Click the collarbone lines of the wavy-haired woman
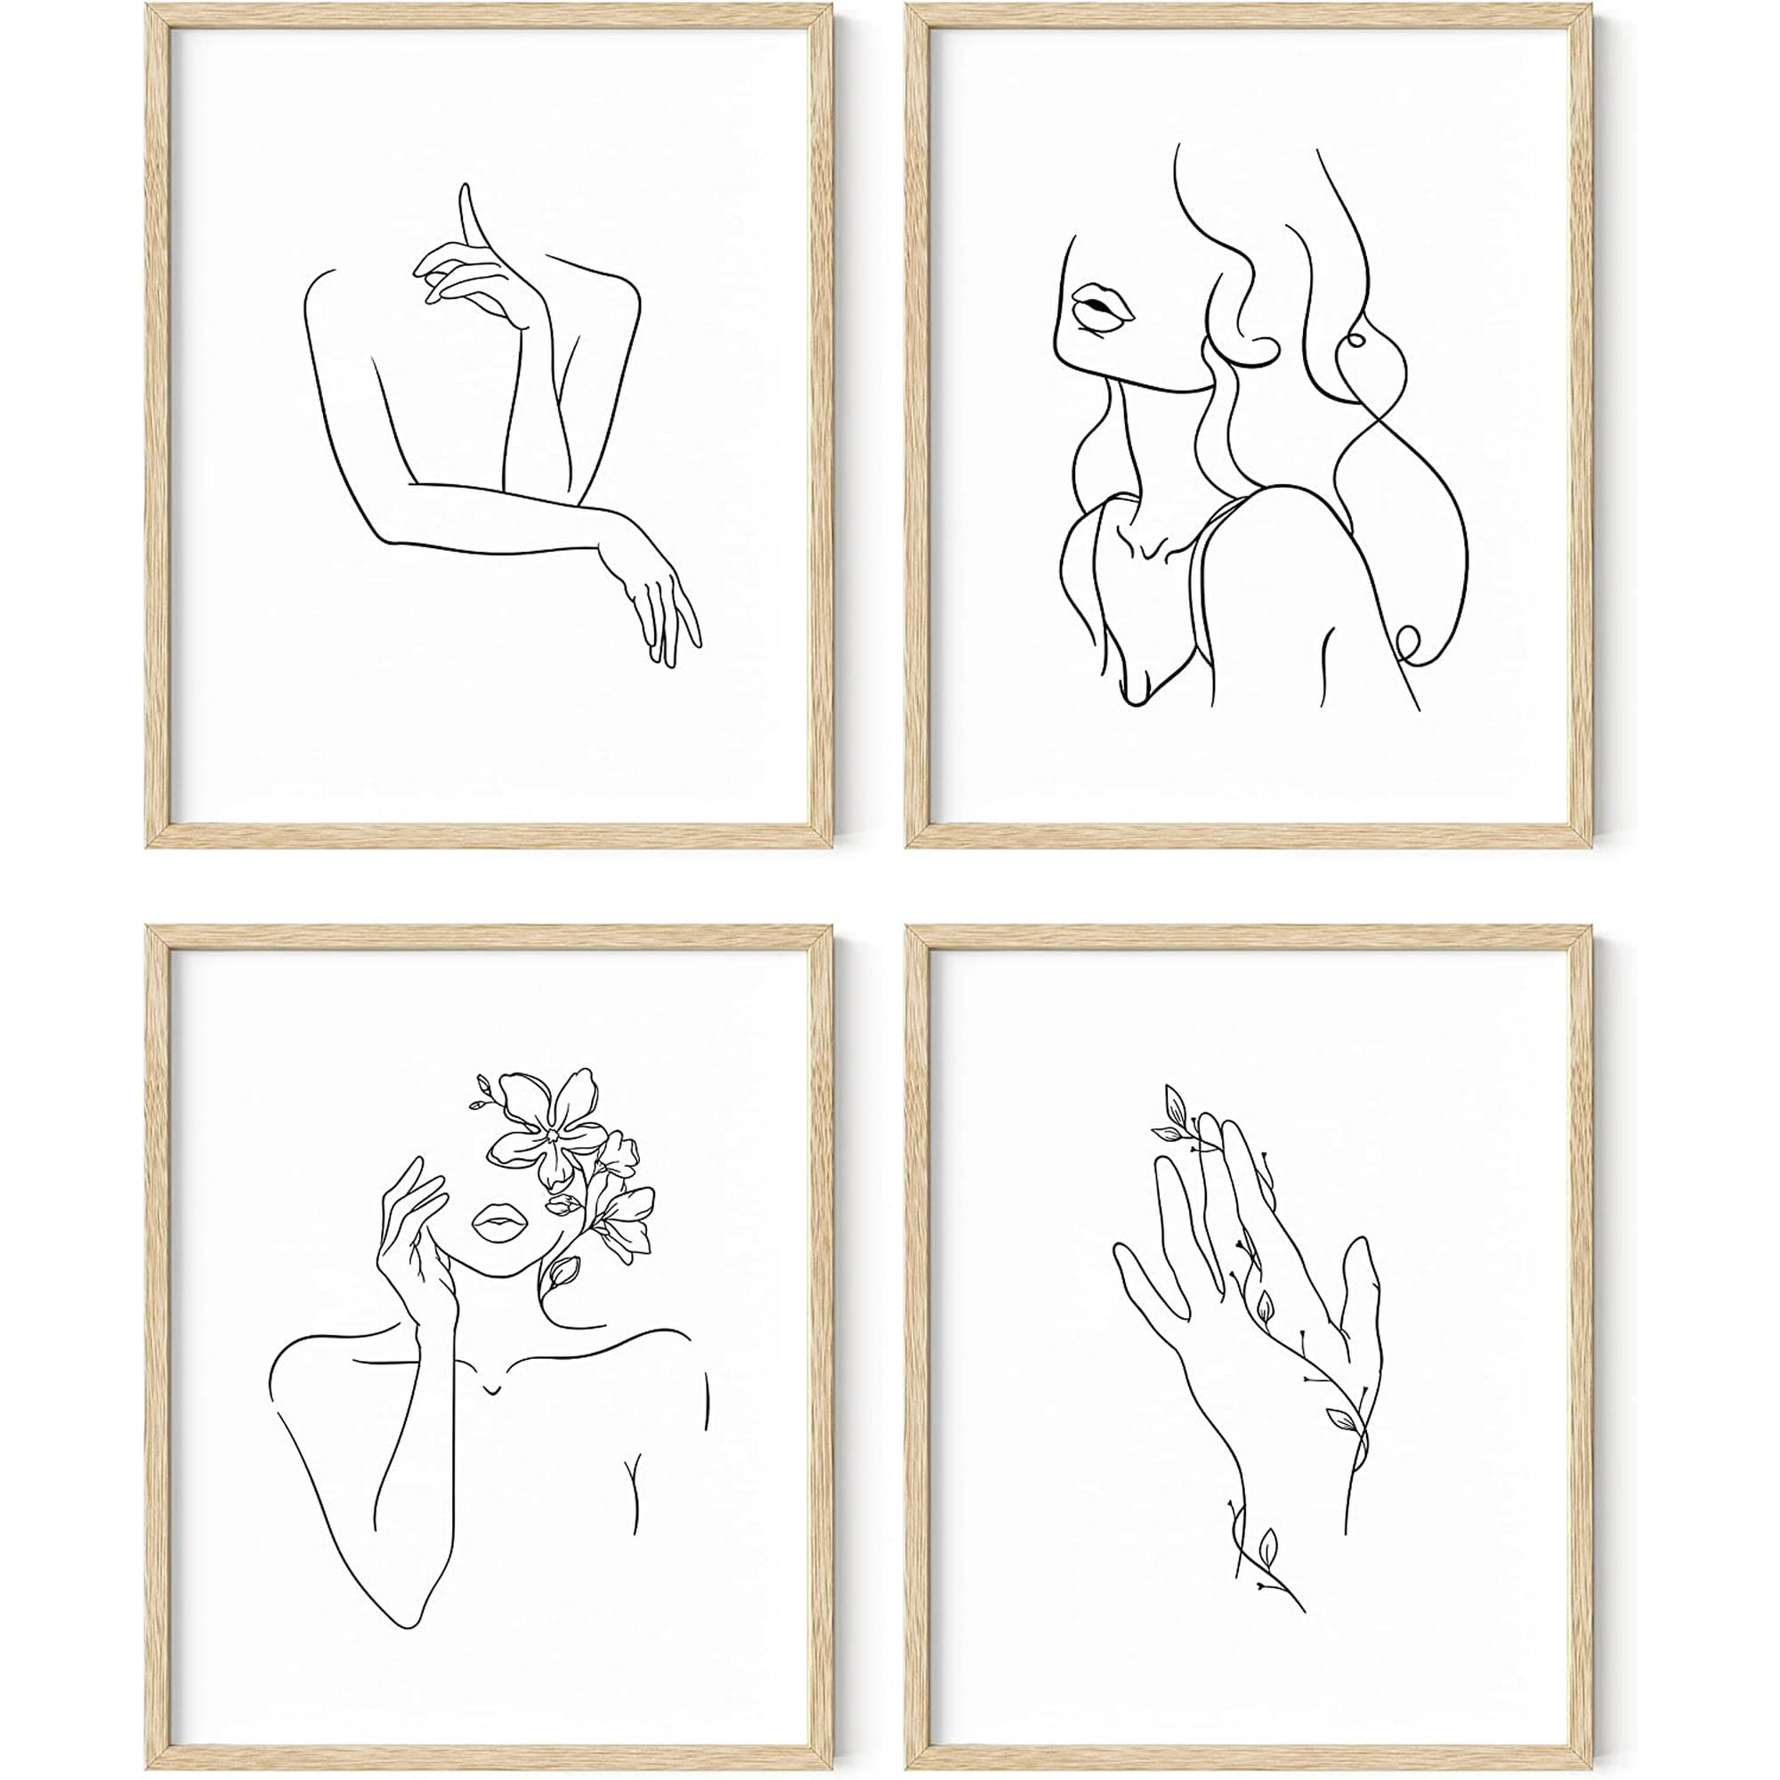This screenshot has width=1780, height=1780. (x=1156, y=544)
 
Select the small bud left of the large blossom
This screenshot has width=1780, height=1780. (x=481, y=1096)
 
